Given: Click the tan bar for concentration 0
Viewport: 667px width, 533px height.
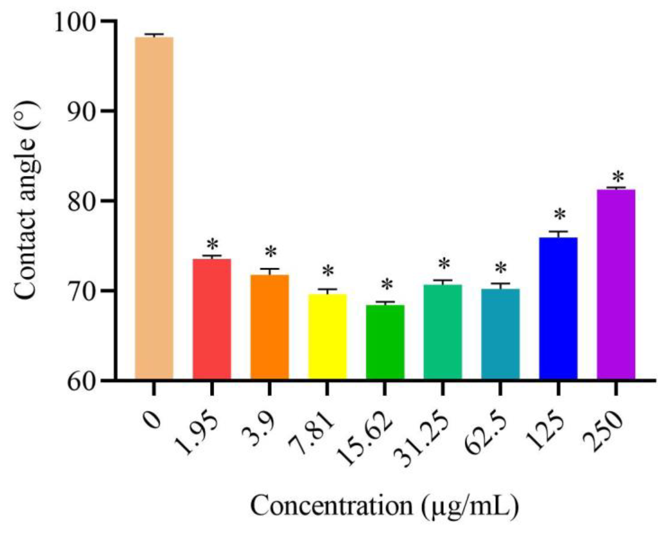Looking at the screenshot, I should tap(154, 207).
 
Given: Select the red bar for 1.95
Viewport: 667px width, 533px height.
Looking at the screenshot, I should tap(212, 318).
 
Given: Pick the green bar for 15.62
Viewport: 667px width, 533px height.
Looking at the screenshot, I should tap(385, 342).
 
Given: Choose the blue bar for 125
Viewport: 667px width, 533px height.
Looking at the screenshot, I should tap(558, 308).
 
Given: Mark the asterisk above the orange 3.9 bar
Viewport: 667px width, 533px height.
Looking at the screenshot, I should tap(271, 252).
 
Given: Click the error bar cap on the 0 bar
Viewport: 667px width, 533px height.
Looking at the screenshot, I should tap(154, 34).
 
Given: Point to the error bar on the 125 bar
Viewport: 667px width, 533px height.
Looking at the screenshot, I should tap(558, 234).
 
